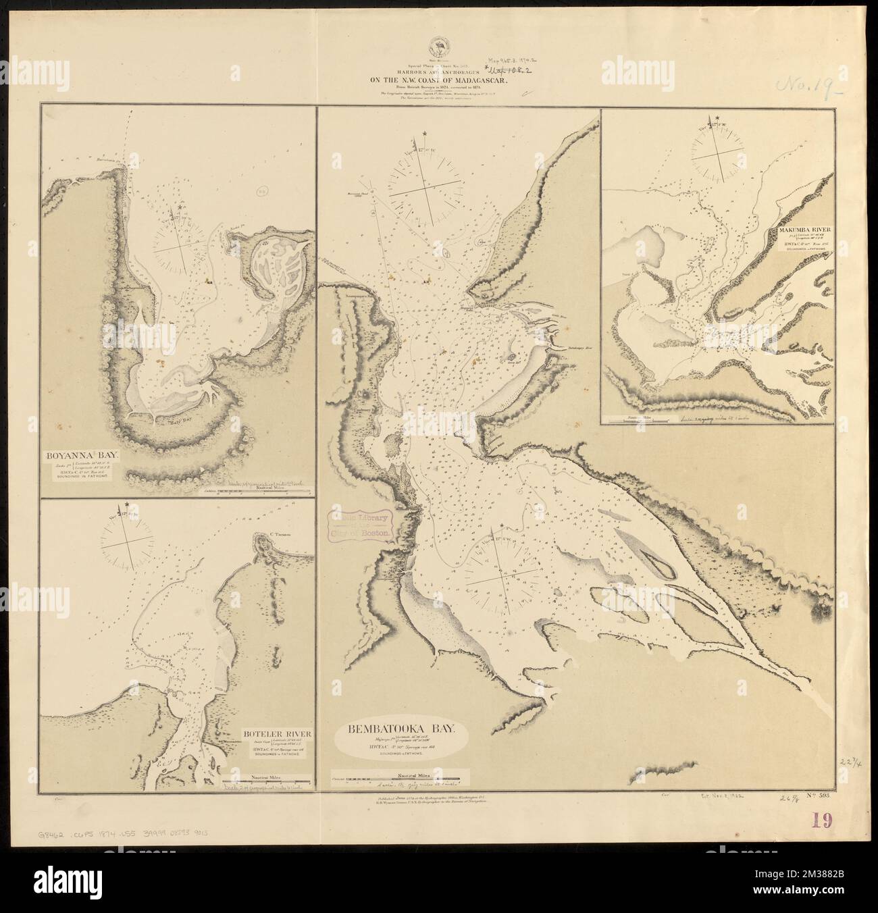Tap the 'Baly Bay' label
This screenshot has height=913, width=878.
[x=178, y=423]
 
